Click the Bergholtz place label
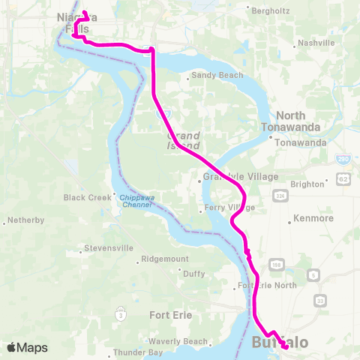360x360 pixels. (274, 10)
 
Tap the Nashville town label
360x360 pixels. (316, 43)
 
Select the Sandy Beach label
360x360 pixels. (212, 76)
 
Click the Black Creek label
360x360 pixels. (87, 198)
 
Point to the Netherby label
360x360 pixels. (26, 221)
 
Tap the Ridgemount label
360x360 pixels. (165, 260)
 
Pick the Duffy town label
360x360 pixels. (193, 274)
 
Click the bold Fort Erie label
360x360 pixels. (172, 315)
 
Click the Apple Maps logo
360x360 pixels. (27, 347)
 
